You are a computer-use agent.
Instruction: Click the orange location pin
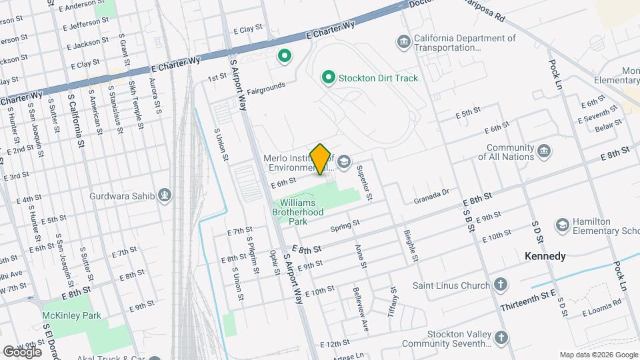[321, 159]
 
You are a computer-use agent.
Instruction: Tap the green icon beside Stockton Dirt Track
[328, 78]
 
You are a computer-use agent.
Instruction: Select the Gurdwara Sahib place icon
[165, 196]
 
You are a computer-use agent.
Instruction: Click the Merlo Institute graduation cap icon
[344, 161]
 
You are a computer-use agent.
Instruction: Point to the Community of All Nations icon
[544, 152]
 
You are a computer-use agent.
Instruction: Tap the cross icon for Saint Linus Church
[501, 285]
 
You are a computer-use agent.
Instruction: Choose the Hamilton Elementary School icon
[563, 225]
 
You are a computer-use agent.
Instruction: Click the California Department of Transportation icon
[403, 43]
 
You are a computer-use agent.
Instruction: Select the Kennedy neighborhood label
[545, 256]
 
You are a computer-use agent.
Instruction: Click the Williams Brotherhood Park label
[302, 211]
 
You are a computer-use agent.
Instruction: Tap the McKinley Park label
[71, 315]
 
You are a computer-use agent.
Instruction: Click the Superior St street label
[364, 183]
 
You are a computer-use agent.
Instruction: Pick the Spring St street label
[345, 226]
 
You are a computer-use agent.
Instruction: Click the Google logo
[22, 351]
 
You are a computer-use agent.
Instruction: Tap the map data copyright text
[598, 355]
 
